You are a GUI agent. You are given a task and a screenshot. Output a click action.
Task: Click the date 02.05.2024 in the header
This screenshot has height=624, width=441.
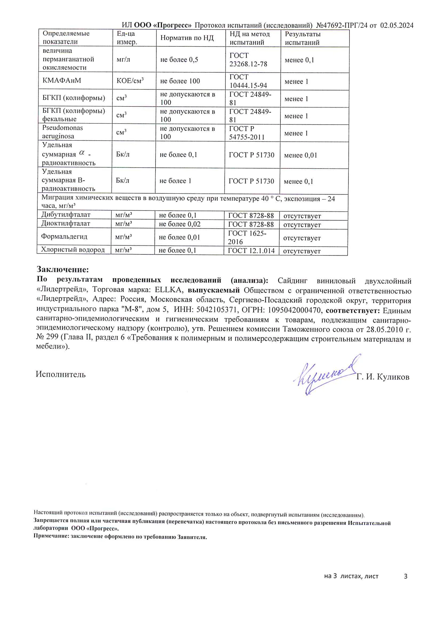coord(397,26)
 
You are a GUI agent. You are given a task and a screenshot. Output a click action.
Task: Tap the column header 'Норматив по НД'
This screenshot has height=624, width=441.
coord(187,38)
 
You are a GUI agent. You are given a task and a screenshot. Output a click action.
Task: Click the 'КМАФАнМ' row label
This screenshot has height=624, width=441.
coord(62,80)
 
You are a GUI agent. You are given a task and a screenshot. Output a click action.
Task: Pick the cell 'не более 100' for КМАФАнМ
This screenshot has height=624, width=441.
coord(180,81)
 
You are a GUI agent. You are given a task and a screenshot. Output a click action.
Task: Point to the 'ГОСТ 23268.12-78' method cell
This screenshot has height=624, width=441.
coord(248,60)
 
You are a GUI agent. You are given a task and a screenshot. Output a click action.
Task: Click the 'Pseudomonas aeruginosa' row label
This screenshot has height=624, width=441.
coord(62,132)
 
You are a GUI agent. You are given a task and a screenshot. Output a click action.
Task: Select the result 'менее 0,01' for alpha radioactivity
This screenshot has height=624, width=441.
coord(300,155)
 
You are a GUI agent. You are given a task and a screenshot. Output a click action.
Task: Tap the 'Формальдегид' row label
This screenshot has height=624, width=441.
coord(64,236)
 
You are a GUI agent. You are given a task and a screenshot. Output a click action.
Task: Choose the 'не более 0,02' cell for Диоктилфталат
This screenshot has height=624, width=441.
coord(180,224)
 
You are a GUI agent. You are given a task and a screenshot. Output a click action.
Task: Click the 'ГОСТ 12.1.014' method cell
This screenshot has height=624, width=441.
coord(251,251)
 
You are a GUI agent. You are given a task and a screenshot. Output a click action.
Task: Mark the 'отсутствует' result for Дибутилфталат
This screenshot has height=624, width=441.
coord(302,216)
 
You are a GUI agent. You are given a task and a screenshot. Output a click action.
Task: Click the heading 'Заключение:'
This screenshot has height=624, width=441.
coord(63,269)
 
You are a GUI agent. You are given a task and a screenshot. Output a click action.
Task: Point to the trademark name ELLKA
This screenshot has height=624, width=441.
coord(167,290)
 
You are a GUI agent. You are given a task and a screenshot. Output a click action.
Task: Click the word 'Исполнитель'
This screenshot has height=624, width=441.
coord(61,374)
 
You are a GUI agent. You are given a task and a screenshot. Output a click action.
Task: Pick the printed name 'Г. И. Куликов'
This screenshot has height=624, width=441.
coord(383,377)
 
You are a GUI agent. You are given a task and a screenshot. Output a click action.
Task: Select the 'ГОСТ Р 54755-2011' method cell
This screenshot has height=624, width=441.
coord(247,133)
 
